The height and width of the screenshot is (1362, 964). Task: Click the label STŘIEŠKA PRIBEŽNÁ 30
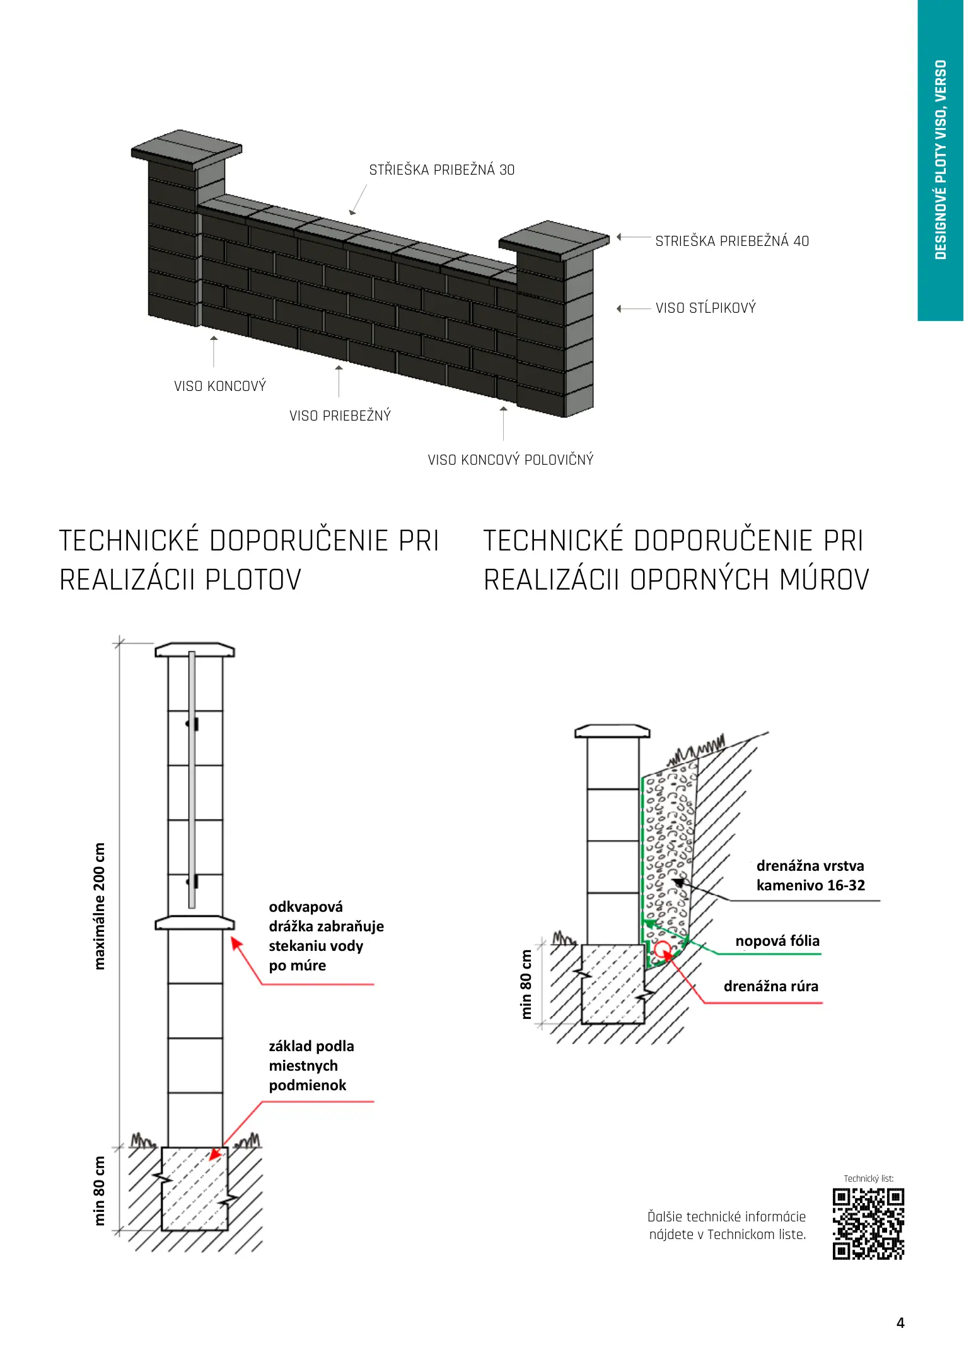coord(441,170)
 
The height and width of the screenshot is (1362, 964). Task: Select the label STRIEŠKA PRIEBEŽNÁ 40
coord(731,241)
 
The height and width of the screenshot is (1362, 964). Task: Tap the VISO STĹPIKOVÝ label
coord(705,308)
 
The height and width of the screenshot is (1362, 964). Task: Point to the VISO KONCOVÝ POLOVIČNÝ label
coord(510,460)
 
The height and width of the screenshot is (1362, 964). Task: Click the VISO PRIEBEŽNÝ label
coord(340,416)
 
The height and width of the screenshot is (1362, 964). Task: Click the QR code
coord(868,1223)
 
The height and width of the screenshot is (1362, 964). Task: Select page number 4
coord(900,1322)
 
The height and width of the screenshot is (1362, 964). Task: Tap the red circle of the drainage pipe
coord(662,949)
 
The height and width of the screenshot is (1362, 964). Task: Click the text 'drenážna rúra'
coord(770,986)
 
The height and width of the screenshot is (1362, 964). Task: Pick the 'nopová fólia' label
coord(777,941)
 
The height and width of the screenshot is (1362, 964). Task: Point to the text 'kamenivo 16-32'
coord(810,885)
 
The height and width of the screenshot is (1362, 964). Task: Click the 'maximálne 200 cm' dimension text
coord(99,905)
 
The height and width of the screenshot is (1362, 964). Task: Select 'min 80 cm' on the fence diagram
coord(99,1190)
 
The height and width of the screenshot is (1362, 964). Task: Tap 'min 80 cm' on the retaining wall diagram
coord(526,984)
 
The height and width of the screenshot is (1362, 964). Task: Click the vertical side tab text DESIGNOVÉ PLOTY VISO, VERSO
coord(941,160)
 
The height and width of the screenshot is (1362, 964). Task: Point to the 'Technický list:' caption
coord(868,1179)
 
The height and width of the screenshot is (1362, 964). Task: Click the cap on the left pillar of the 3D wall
coord(187,149)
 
